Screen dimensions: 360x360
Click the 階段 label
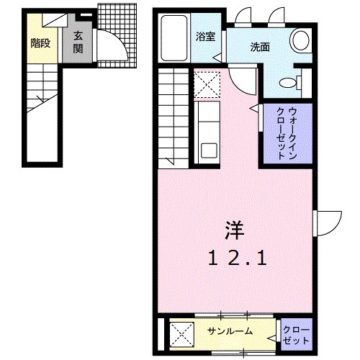click(40, 43)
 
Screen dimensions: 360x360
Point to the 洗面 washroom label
click(260, 48)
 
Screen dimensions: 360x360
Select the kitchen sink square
click(209, 151)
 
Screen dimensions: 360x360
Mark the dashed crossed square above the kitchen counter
click(206, 86)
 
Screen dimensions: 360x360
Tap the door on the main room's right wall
click(328, 222)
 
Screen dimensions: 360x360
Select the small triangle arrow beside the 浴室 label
click(215, 57)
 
